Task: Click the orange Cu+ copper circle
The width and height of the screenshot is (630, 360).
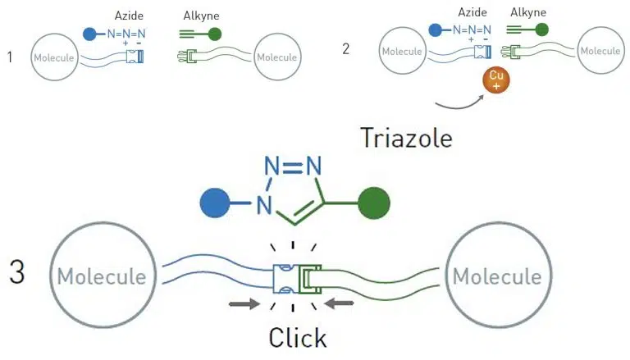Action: [495, 82]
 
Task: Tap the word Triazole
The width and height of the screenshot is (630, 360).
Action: [406, 137]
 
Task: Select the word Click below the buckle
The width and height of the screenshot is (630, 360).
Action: [298, 337]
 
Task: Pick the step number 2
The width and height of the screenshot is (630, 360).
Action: [346, 48]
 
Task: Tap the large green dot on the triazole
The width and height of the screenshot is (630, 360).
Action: [374, 203]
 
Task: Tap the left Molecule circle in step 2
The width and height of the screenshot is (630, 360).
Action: [402, 51]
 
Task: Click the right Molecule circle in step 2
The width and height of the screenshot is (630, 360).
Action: [600, 51]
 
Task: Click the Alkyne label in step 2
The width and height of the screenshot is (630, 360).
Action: [528, 11]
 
